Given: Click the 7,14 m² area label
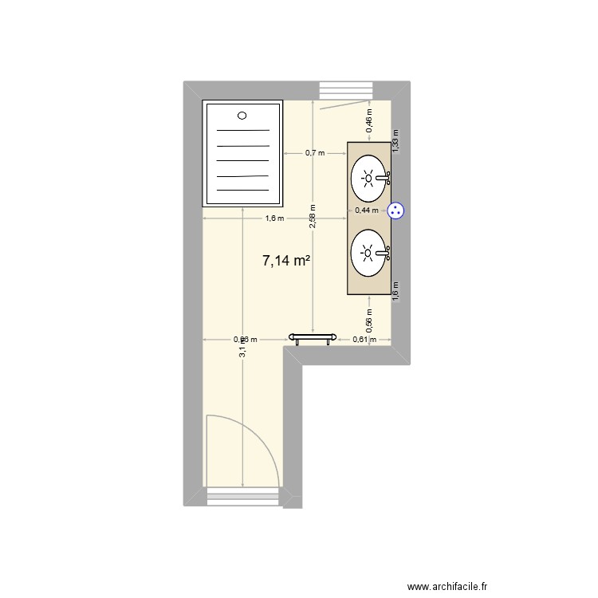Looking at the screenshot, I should point(285,260).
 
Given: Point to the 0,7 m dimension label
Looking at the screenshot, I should point(315,152).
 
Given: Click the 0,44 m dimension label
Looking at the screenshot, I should point(368,210).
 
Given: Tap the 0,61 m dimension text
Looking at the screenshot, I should point(364,340).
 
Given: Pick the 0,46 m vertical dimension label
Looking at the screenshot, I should point(368,118).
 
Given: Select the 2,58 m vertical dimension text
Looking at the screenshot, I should point(313,215).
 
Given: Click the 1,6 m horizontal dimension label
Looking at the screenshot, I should point(274,218).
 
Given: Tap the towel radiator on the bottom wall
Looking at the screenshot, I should point(310,338).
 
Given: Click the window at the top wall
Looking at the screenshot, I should point(346,90).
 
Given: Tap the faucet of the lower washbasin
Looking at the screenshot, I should point(385,254).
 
